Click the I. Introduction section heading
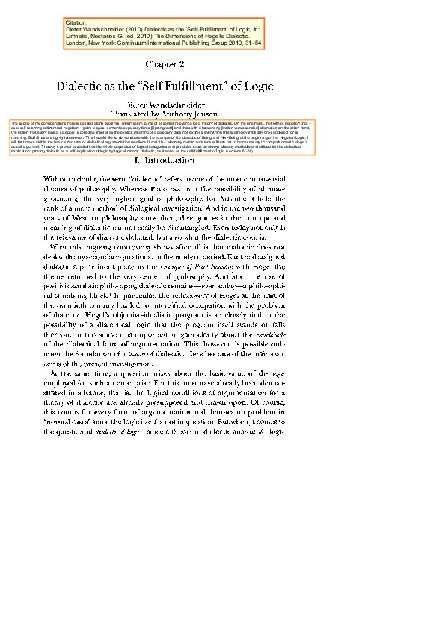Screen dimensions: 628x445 [x=170, y=161]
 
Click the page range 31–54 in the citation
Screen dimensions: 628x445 [x=250, y=43]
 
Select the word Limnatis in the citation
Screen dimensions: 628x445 [x=80, y=37]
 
